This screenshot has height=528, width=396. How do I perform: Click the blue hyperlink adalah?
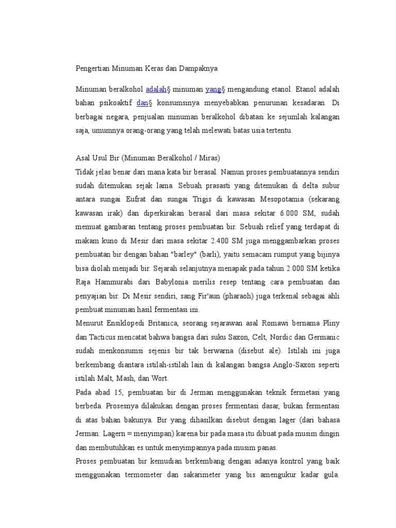tap(156, 89)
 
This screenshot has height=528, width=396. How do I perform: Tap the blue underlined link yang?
tap(213, 89)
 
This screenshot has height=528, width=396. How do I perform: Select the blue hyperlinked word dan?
tap(142, 103)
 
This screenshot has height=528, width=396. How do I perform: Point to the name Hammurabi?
tap(119, 282)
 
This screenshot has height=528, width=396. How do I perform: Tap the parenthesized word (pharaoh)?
tap(212, 296)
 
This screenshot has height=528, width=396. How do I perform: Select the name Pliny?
tap(331, 323)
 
